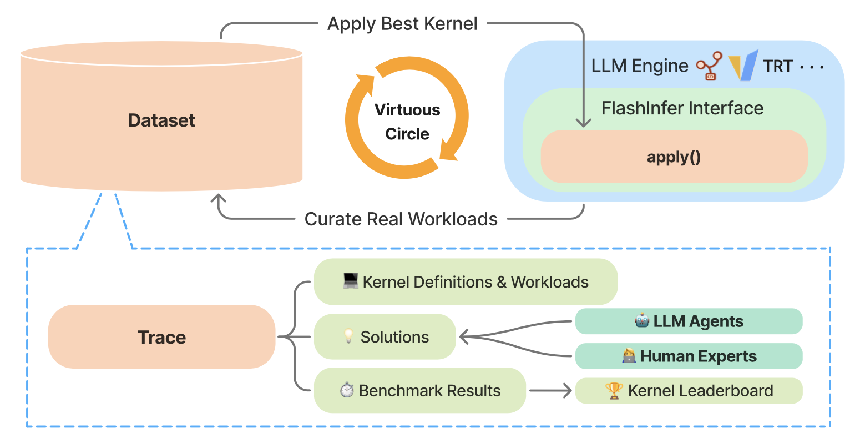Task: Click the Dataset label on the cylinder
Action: [x=161, y=120]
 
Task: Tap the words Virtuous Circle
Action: [x=407, y=122]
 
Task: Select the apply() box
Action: [x=674, y=157]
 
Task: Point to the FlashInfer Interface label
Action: [x=682, y=108]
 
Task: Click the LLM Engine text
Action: [x=640, y=66]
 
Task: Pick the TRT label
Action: [x=778, y=66]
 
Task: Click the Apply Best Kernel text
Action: [x=402, y=23]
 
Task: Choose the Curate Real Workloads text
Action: [x=401, y=219]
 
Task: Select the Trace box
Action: [x=161, y=337]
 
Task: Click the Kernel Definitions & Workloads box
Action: [x=466, y=281]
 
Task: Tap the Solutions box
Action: [x=385, y=337]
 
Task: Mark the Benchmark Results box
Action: [x=420, y=390]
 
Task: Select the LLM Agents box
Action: [x=689, y=321]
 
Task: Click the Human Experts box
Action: [x=689, y=356]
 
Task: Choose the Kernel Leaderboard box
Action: [x=689, y=391]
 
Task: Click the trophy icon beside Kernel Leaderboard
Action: [x=614, y=391]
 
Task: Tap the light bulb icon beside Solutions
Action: [x=348, y=336]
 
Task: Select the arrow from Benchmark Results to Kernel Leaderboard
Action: [x=550, y=390]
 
